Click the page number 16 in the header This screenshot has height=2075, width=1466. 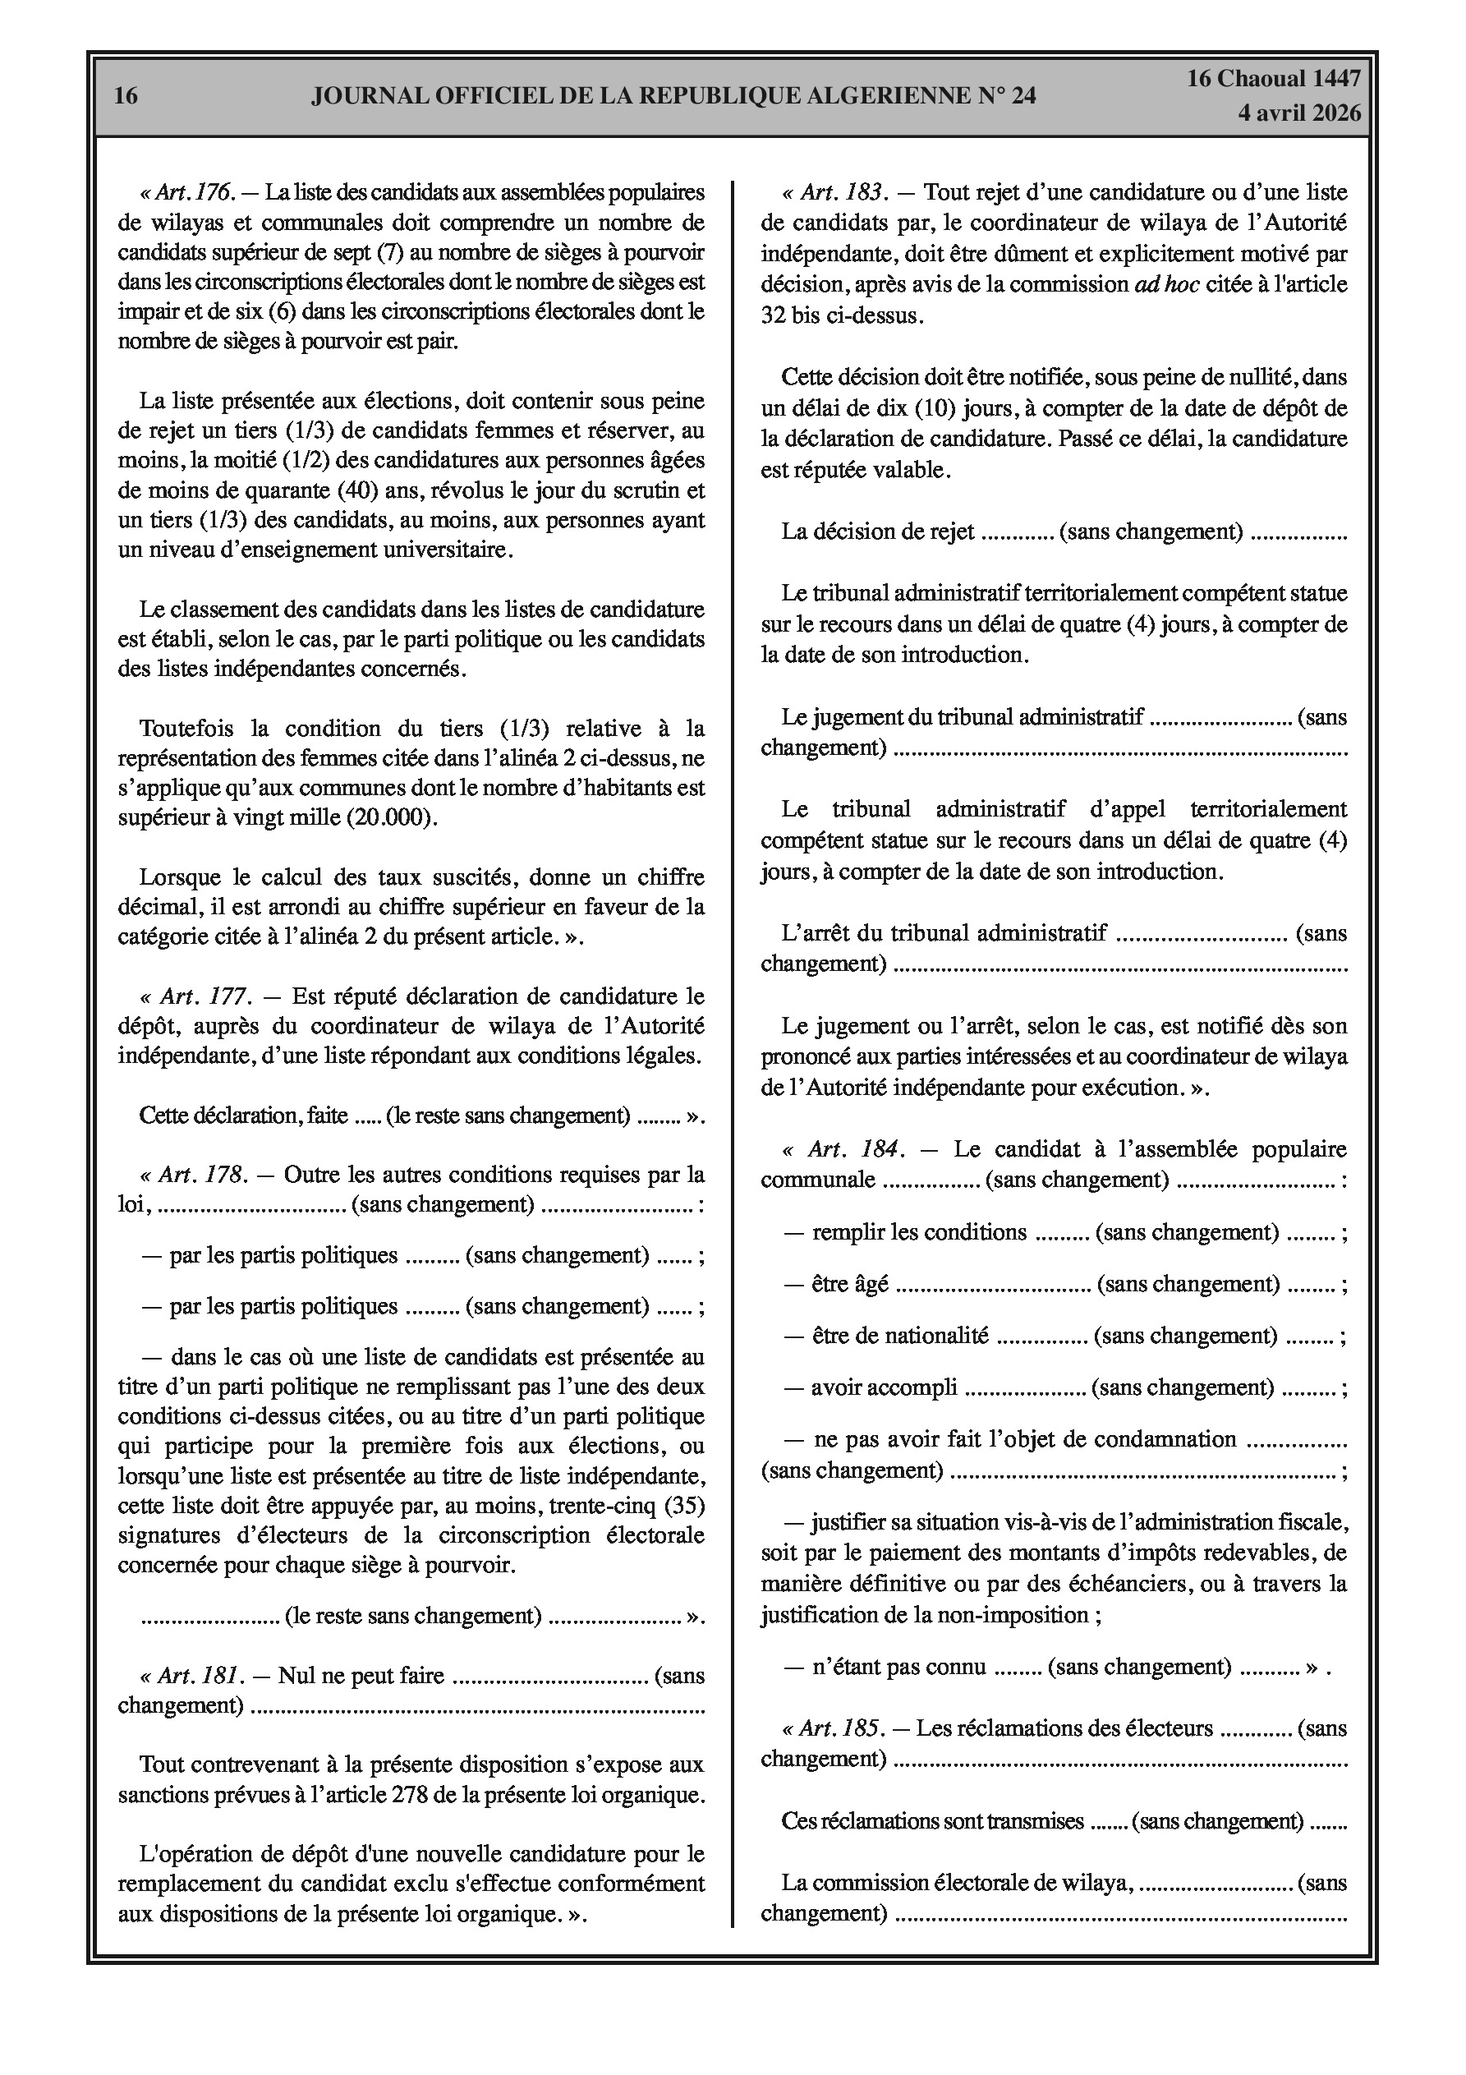tap(126, 96)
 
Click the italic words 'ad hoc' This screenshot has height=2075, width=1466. tap(1167, 285)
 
